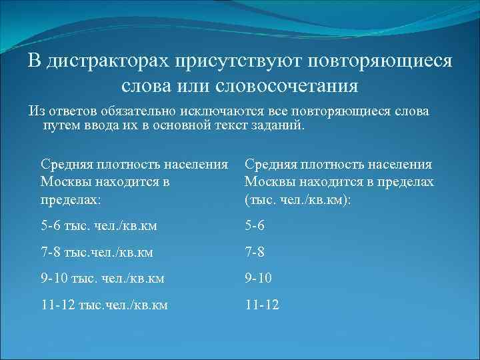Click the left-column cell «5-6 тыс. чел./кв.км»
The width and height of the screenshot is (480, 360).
pos(99,225)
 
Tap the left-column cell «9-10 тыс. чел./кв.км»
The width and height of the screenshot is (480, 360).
pos(102,278)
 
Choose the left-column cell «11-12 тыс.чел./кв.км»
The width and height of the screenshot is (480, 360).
pos(103,305)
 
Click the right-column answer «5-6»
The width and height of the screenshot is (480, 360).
pos(255,225)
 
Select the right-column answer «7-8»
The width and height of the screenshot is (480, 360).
pos(255,252)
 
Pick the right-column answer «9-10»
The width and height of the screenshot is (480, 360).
pos(259,278)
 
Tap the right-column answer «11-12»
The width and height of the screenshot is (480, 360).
pos(262,305)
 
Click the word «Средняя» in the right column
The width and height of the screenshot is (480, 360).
pos(271,164)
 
